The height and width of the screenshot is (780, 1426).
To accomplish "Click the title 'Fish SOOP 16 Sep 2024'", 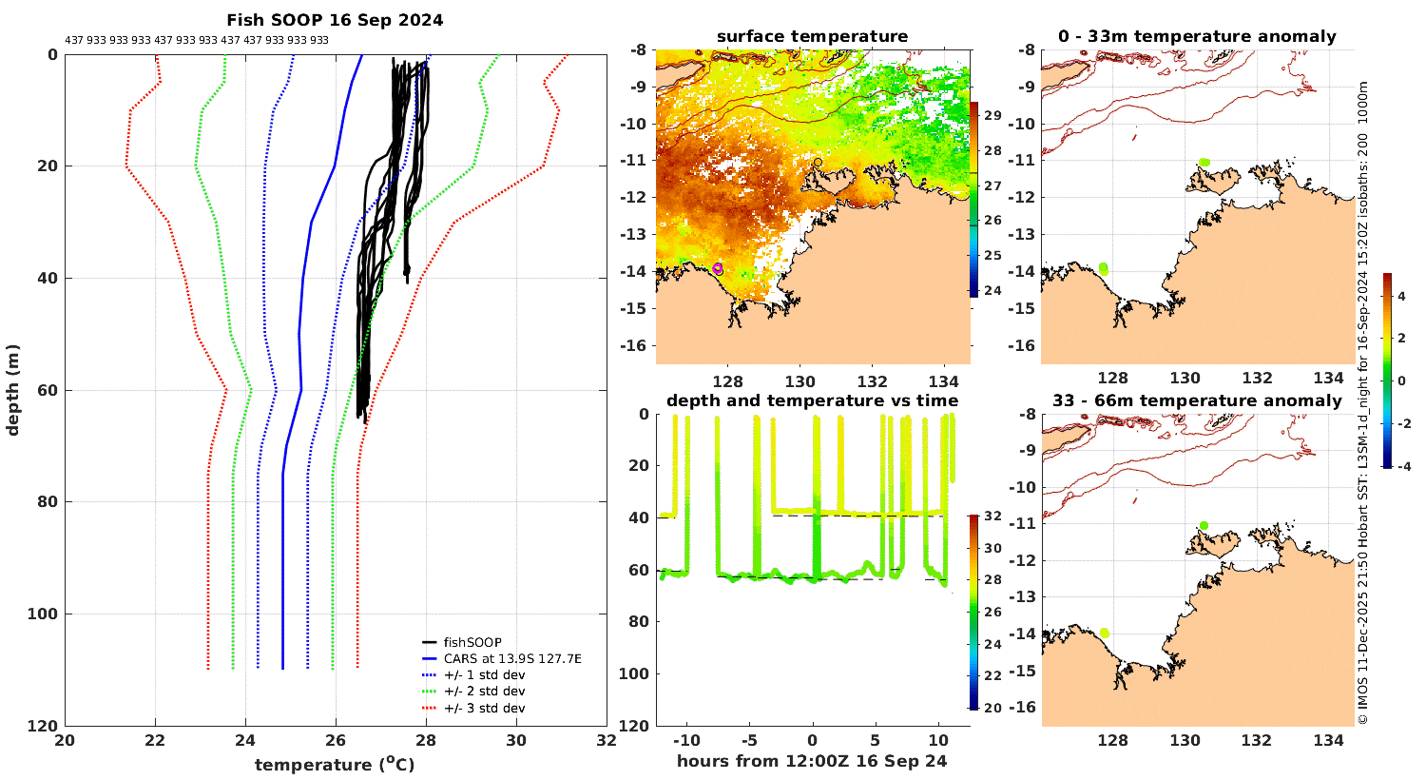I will click(x=335, y=20).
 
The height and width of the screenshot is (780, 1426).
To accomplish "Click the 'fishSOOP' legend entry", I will click(x=472, y=642).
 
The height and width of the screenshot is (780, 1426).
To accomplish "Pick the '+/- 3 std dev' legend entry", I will click(x=484, y=708).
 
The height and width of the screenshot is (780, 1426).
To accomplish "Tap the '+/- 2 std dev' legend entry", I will click(x=484, y=692).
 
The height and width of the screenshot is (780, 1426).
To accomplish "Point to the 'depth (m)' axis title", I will click(x=12, y=390).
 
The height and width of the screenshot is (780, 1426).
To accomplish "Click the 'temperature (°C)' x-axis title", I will click(x=335, y=765).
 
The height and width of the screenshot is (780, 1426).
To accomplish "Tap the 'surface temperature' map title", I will click(x=812, y=37).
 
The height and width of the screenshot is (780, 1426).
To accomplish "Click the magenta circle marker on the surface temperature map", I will click(x=718, y=268).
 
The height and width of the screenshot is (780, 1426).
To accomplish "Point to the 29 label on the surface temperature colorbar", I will click(x=992, y=116).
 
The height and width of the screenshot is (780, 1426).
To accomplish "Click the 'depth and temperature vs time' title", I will click(x=812, y=400).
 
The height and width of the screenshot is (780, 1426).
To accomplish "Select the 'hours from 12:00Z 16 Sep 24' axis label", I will click(x=812, y=760).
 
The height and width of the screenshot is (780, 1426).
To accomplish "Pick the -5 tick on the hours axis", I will click(x=750, y=740).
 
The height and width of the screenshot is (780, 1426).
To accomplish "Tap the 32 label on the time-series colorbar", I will click(x=992, y=517).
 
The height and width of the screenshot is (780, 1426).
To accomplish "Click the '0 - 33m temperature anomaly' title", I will click(x=1197, y=37).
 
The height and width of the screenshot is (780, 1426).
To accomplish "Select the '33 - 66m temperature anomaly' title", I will click(x=1197, y=400).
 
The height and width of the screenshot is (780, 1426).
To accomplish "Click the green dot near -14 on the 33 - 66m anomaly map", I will click(x=1105, y=633).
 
